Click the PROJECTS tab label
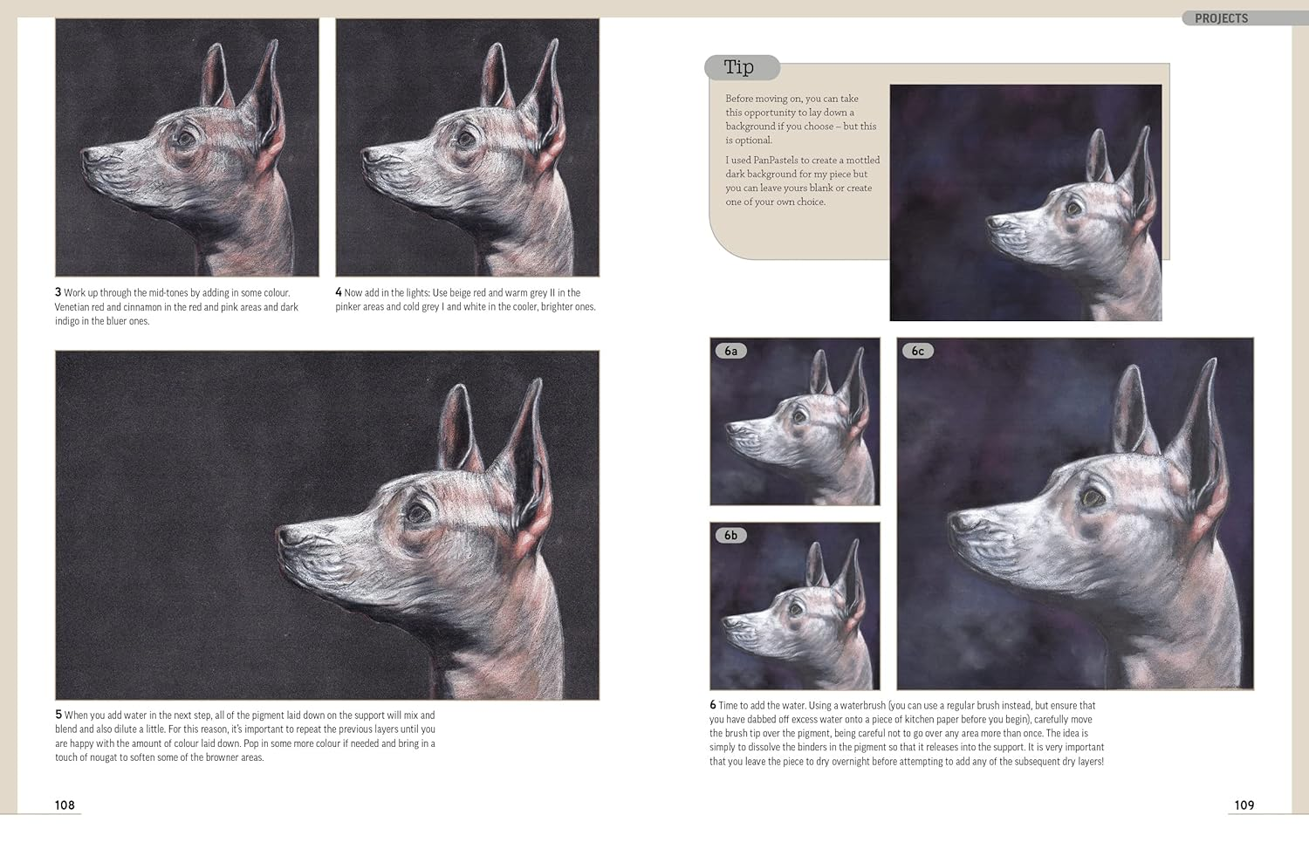pos(1221,18)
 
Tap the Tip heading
pos(738,67)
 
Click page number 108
pos(65,805)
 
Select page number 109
pos(1244,805)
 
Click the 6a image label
pos(730,351)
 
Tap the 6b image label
pos(730,535)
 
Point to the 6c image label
pos(917,351)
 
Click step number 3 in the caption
pos(58,292)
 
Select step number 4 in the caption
pos(339,292)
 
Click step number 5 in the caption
pos(58,715)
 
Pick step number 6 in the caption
pos(713,705)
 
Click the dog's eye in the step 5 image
pos(420,512)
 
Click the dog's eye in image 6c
pos(1091,498)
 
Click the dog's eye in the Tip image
pos(1073,209)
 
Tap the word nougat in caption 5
pos(103,757)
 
